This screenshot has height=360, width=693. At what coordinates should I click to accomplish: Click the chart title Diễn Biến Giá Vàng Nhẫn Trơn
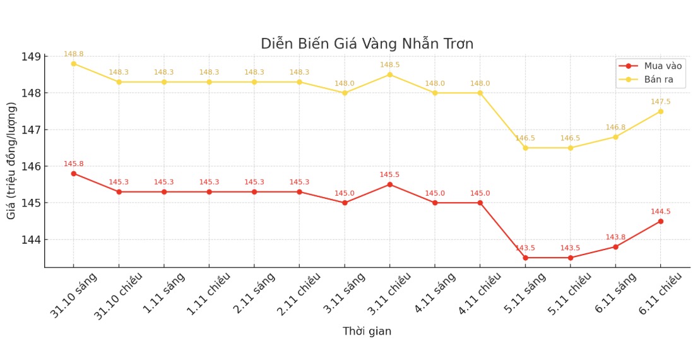[x=367, y=44]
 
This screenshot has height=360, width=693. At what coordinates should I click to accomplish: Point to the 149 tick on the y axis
[x=32, y=57]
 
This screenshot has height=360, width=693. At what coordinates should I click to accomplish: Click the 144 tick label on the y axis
[x=32, y=240]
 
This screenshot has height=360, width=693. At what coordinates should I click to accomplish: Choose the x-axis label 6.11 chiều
[x=660, y=295]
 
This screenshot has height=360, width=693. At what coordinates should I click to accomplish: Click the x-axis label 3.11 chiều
[x=389, y=295]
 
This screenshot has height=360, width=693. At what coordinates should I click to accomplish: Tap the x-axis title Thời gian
[x=367, y=332]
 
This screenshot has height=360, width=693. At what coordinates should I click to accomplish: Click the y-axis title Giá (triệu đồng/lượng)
[x=12, y=160]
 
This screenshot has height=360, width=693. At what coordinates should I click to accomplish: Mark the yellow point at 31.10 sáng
[x=73, y=64]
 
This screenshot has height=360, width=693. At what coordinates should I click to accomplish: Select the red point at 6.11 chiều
[x=660, y=221]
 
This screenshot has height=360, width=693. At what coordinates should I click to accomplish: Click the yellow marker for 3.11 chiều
[x=389, y=75]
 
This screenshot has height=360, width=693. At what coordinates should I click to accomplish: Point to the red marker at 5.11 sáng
[x=525, y=258]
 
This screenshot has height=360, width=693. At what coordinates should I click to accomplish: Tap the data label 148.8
[x=73, y=54]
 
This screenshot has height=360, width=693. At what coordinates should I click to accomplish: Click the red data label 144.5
[x=660, y=212]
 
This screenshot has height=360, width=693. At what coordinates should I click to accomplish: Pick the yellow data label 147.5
[x=660, y=102]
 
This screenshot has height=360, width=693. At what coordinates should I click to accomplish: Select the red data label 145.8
[x=73, y=164]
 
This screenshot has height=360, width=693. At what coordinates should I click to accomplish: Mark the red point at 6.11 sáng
[x=615, y=247]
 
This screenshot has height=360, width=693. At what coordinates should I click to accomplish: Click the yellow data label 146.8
[x=615, y=128]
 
